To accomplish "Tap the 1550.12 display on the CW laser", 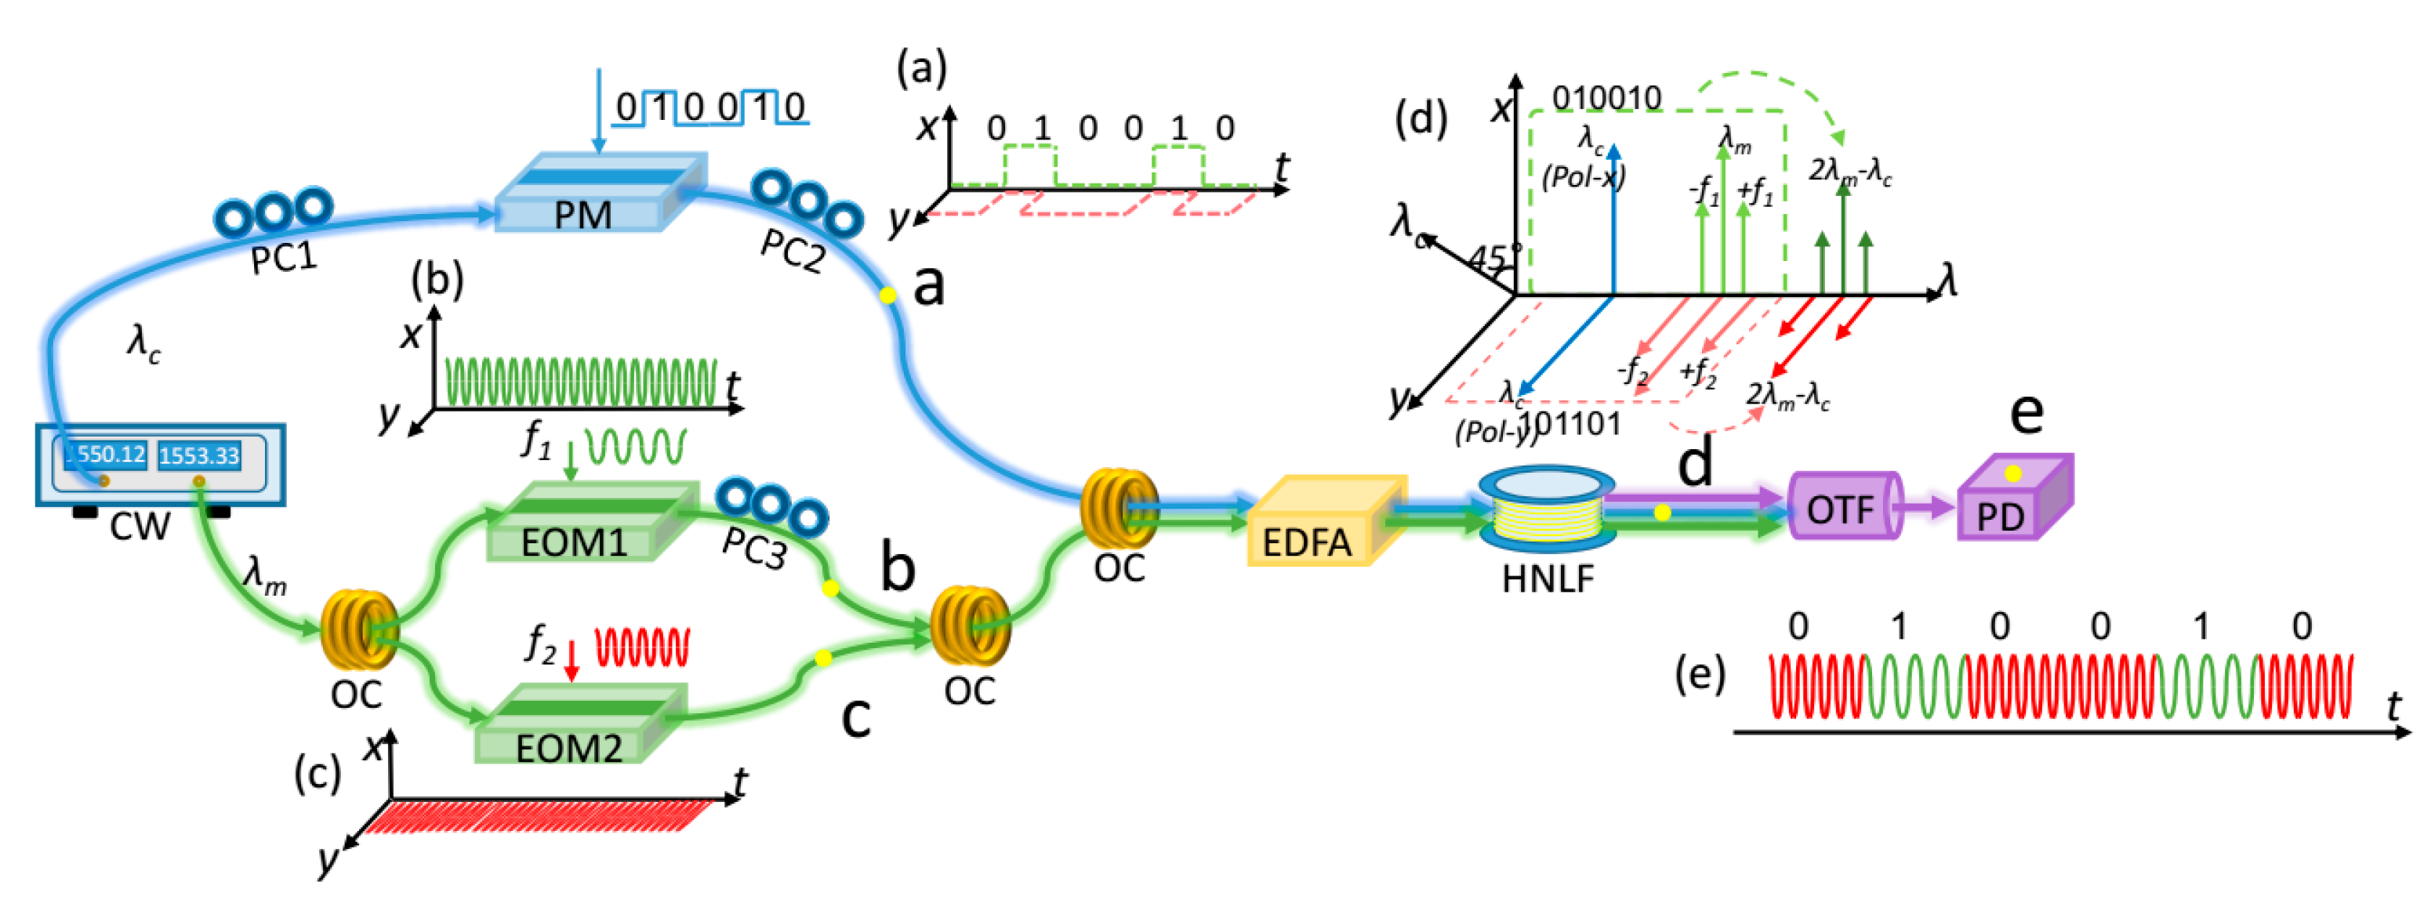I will [x=105, y=455].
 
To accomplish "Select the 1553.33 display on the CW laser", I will [x=198, y=455].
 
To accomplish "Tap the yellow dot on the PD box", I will [x=2013, y=473].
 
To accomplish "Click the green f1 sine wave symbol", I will [x=635, y=446].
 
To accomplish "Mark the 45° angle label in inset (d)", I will [x=1493, y=257].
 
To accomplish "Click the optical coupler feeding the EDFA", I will [x=1117, y=510].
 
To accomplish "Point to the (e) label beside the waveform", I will [x=1700, y=675].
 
